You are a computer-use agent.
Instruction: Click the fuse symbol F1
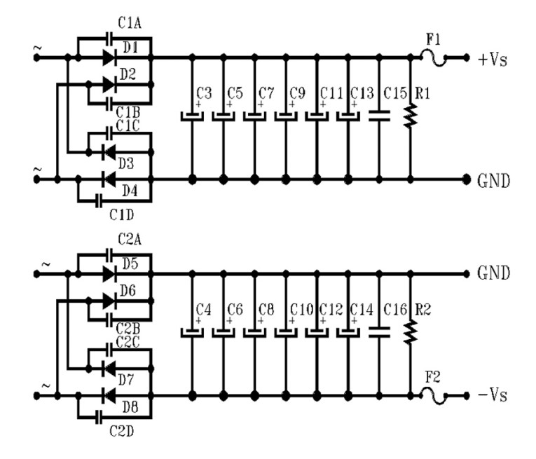click(x=433, y=58)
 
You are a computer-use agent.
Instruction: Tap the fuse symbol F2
click(x=433, y=395)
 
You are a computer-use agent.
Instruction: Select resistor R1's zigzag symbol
click(x=411, y=116)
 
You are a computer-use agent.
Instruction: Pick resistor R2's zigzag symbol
click(x=411, y=332)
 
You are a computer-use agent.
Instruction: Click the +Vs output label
click(x=493, y=60)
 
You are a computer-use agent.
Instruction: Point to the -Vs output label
click(x=493, y=395)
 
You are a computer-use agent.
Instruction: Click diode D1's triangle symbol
click(x=109, y=57)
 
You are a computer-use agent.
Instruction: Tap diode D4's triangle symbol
click(x=109, y=179)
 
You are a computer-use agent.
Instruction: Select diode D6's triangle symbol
click(x=109, y=301)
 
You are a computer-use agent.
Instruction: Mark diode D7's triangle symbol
click(x=109, y=369)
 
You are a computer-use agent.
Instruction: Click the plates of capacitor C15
click(x=379, y=116)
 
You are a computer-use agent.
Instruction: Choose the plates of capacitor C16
click(x=379, y=332)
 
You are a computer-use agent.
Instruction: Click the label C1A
click(x=130, y=23)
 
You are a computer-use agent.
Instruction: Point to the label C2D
click(x=121, y=431)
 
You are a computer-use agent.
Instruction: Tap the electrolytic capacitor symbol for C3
click(x=192, y=116)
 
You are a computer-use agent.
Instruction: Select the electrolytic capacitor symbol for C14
click(x=348, y=333)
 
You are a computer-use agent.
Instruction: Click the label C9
click(x=297, y=93)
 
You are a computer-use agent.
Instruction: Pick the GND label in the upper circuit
click(x=493, y=181)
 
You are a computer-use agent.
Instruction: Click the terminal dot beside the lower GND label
click(x=466, y=273)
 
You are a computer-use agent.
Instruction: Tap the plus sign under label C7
click(x=261, y=104)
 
